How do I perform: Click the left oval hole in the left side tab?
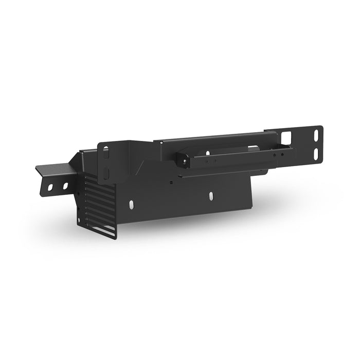click(50, 187)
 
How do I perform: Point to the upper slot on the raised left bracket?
click(106, 152)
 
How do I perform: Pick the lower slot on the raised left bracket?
click(105, 172)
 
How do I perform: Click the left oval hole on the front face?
click(133, 204)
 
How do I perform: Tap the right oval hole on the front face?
click(211, 196)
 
